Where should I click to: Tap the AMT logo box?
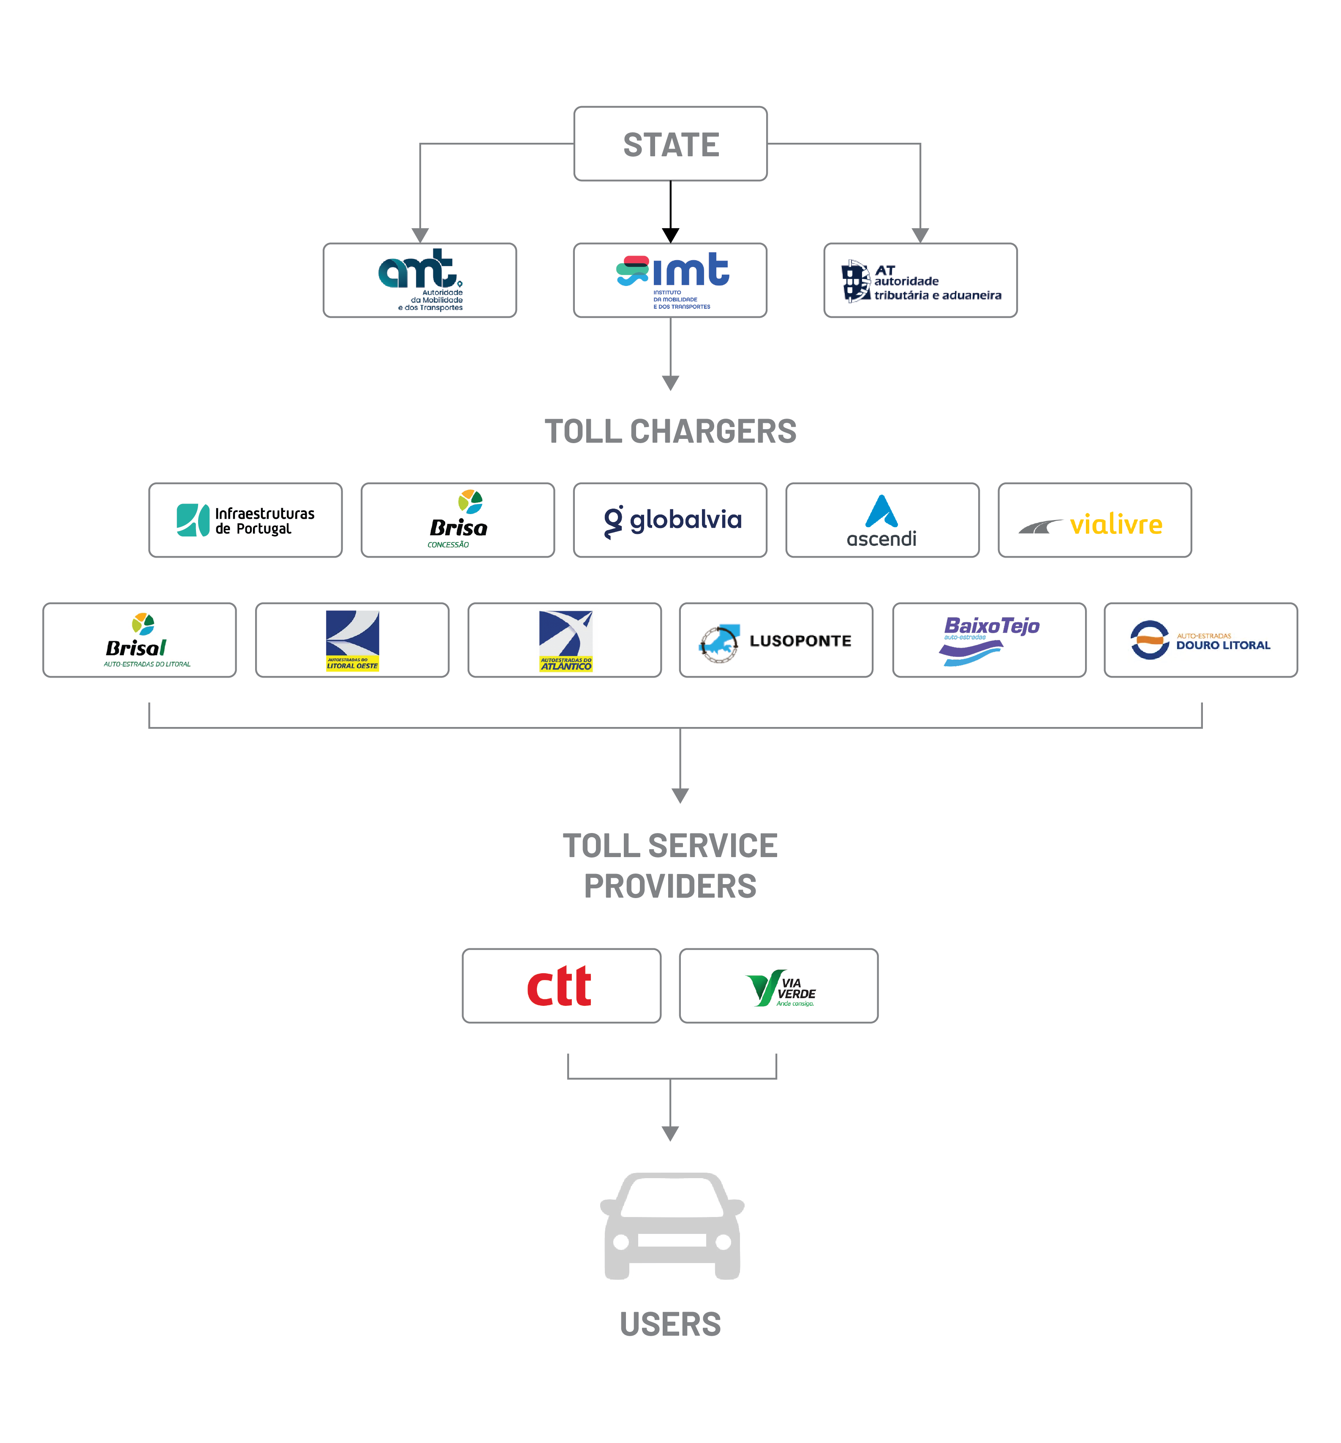pyautogui.click(x=419, y=280)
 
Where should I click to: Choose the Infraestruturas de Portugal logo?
pyautogui.click(x=245, y=520)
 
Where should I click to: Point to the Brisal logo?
pyautogui.click(x=139, y=640)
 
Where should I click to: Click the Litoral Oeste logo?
pyautogui.click(x=352, y=640)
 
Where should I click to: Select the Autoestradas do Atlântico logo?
pyautogui.click(x=565, y=640)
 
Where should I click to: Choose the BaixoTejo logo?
pyautogui.click(x=989, y=640)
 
